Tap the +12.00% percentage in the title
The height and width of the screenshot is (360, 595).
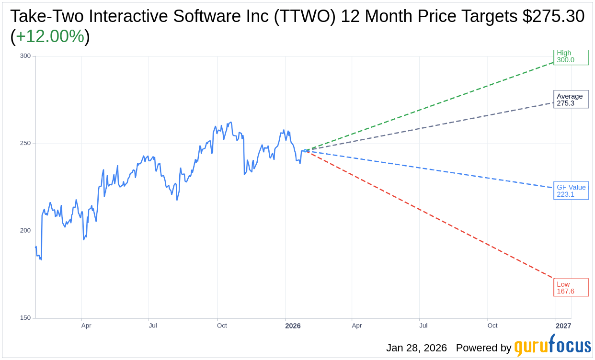(50, 36)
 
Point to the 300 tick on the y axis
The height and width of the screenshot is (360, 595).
(25, 56)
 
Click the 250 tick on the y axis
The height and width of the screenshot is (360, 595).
(25, 143)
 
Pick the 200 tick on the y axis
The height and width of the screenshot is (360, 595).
(25, 231)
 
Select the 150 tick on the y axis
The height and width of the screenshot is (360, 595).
(25, 318)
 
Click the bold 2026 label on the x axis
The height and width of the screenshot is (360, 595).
(293, 326)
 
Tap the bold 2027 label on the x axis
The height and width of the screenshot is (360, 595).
(563, 326)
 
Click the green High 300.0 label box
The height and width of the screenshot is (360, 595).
(571, 57)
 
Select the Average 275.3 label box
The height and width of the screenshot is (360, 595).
(571, 100)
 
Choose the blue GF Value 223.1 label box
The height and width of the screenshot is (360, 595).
(571, 191)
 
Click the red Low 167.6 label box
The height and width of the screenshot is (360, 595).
(571, 287)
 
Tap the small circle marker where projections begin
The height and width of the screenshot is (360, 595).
(305, 151)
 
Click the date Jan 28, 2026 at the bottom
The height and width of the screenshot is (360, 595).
(416, 348)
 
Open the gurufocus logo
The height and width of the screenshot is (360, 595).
(552, 346)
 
